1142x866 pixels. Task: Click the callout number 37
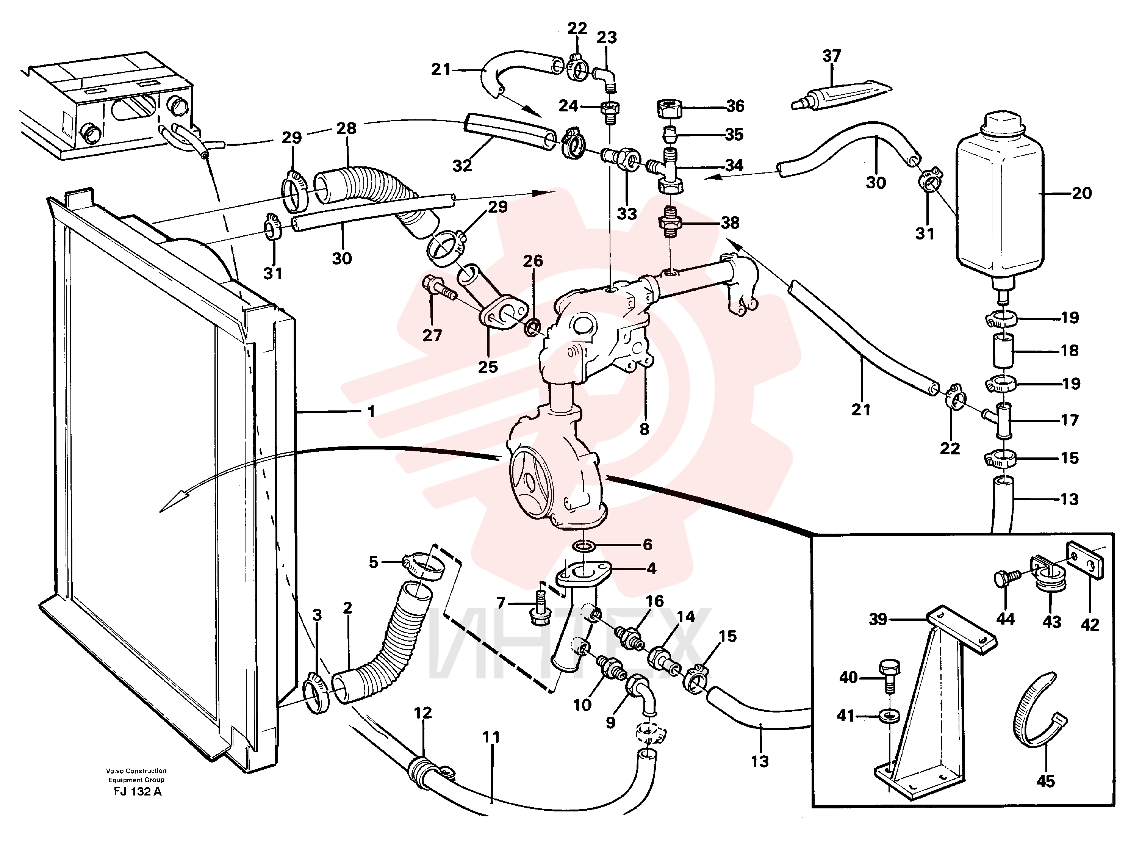tap(831, 56)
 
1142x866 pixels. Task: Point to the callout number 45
tap(1045, 781)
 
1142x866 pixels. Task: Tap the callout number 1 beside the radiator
tap(371, 412)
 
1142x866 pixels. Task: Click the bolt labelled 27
tap(439, 288)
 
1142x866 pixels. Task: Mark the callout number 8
tap(644, 429)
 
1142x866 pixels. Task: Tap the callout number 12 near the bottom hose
tap(423, 713)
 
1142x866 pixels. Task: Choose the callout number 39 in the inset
tap(878, 619)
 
